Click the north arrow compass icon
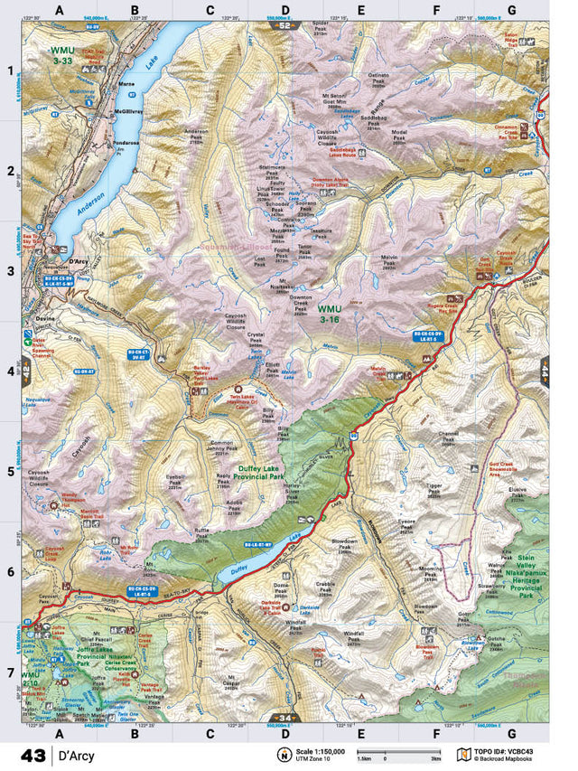point(284,754)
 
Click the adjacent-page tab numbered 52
point(287,24)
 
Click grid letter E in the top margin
point(360,11)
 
